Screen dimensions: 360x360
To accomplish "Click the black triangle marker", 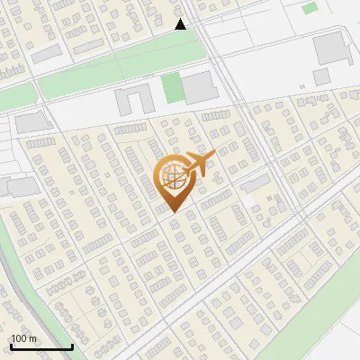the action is point(180,24).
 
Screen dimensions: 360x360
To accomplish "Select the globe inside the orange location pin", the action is point(174,175).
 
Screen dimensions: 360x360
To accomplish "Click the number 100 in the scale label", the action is point(19,338).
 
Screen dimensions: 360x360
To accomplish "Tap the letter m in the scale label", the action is point(32,338).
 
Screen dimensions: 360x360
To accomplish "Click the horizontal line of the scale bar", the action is point(41,346).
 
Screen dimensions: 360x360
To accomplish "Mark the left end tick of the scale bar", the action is point(11,345).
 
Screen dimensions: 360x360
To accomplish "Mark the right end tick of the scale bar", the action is point(72,345).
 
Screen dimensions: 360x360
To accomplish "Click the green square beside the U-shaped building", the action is point(172,88).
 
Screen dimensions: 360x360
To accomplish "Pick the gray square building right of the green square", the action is point(200,86).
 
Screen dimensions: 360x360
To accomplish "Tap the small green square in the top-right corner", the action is point(310,7).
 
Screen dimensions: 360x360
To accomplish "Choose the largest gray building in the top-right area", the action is point(330,48).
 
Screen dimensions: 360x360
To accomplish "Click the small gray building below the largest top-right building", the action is point(322,77).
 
